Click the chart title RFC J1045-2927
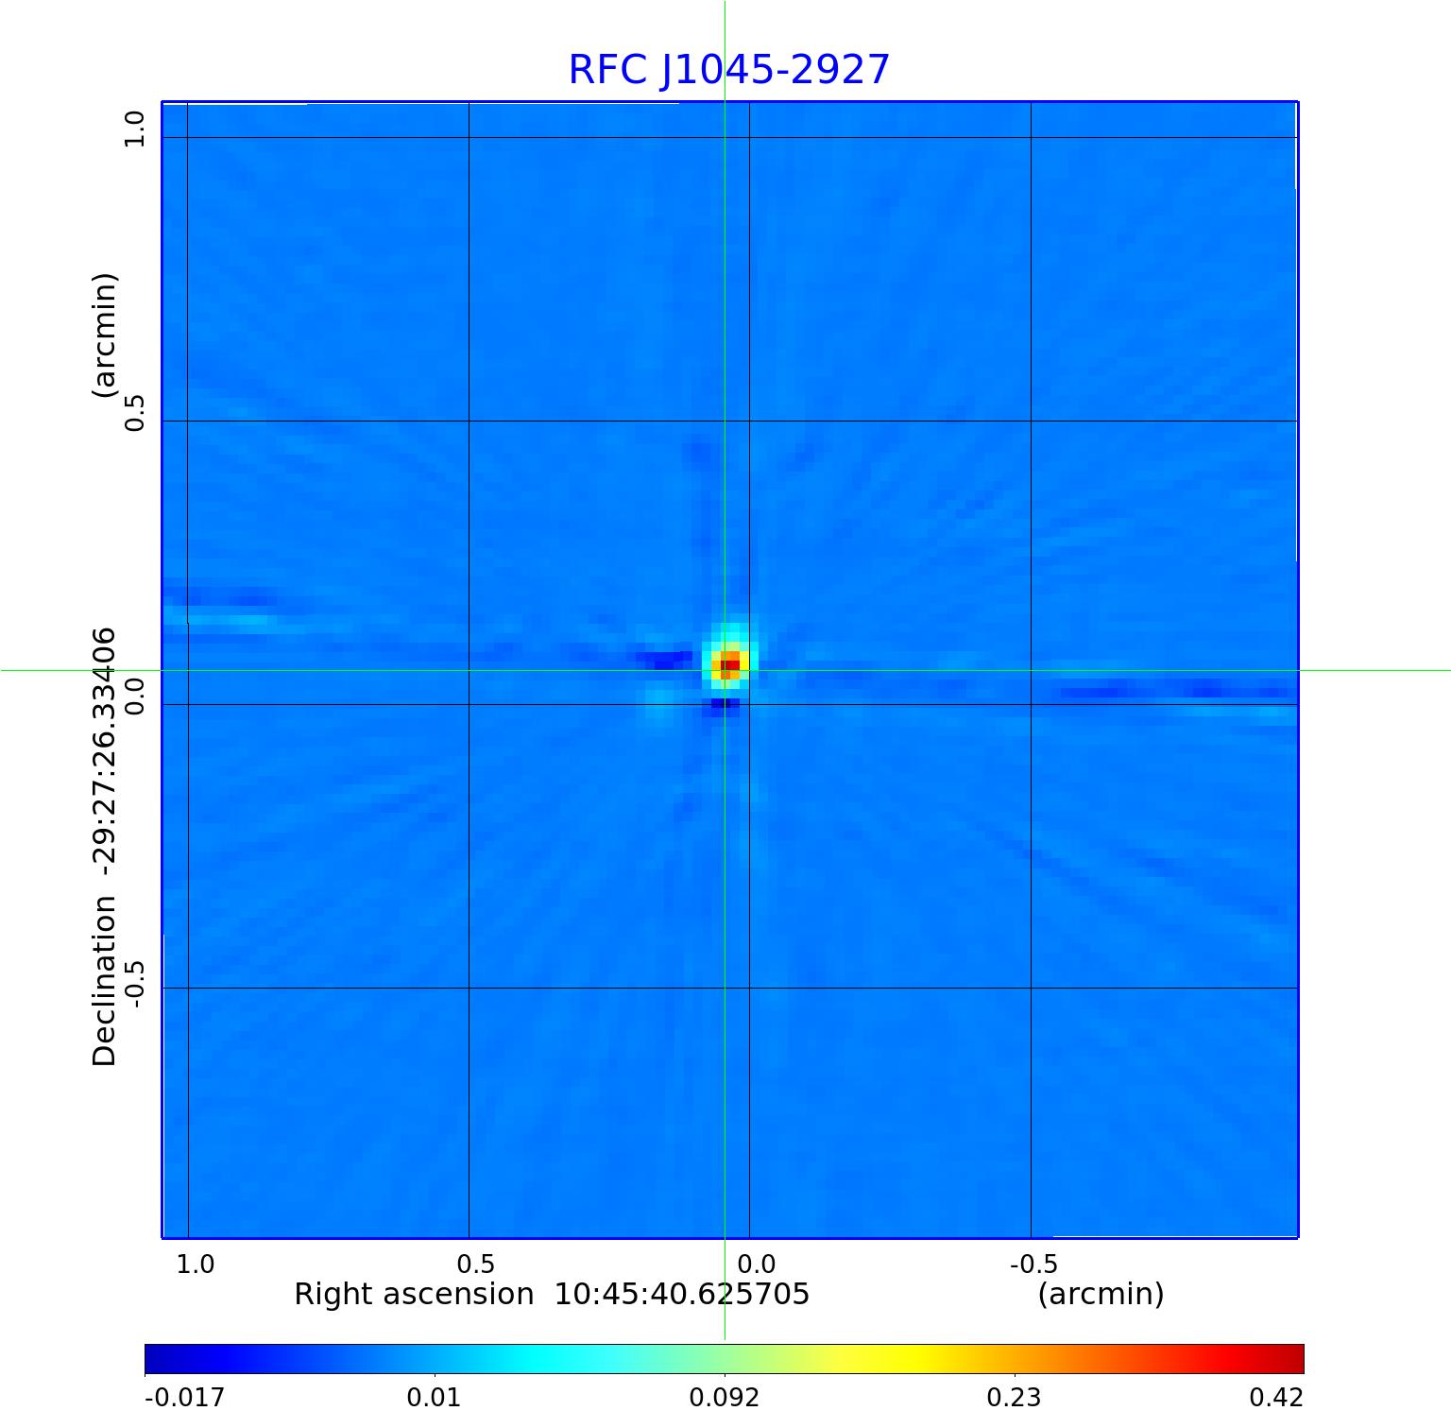728,70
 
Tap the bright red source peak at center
730,665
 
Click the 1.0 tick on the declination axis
136,129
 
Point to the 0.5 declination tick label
136,413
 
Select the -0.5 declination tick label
136,984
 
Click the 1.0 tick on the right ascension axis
196,1264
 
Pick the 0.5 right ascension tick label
475,1264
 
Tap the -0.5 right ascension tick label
1033,1264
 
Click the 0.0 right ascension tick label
756,1264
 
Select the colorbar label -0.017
185,1397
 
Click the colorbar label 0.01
434,1397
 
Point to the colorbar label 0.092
724,1397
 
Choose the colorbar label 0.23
1014,1397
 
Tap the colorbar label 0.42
1276,1397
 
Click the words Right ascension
414,1294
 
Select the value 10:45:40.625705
682,1294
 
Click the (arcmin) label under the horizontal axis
1101,1294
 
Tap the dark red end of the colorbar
1292,1359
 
